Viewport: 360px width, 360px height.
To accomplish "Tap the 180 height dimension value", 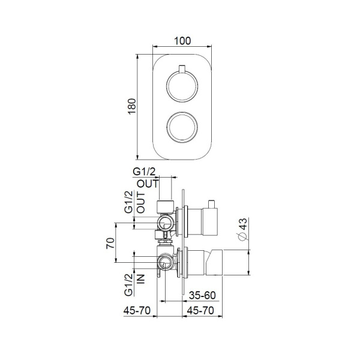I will (x=133, y=104).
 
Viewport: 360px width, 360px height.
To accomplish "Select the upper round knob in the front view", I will (x=181, y=85).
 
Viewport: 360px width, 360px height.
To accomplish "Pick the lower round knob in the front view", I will (x=181, y=125).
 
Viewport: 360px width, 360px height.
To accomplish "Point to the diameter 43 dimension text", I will (x=242, y=229).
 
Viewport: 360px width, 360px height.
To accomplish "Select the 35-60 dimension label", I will (x=202, y=295).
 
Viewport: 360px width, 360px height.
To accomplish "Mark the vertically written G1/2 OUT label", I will (x=134, y=202).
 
